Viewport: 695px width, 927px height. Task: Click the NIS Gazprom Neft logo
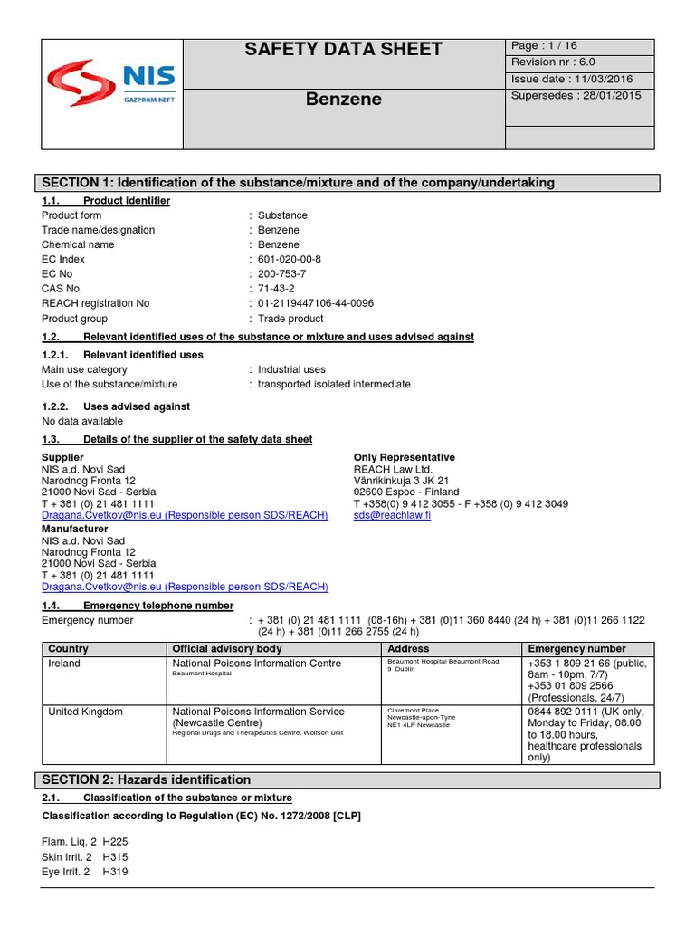[112, 82]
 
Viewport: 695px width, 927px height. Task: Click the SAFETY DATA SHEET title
[343, 49]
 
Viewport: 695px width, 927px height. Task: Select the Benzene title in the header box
[343, 99]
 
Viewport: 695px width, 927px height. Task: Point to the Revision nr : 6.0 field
[554, 62]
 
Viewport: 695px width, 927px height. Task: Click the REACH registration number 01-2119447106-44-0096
[316, 303]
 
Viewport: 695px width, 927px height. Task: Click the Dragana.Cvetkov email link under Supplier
[185, 515]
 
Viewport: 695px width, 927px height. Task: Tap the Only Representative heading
[404, 457]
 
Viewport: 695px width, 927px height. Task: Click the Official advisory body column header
[227, 648]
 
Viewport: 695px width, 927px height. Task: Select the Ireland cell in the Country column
[64, 664]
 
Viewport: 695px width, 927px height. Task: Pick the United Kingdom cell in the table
[85, 712]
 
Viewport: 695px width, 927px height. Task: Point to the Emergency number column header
[576, 648]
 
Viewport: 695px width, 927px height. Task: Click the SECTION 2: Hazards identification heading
[147, 779]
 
